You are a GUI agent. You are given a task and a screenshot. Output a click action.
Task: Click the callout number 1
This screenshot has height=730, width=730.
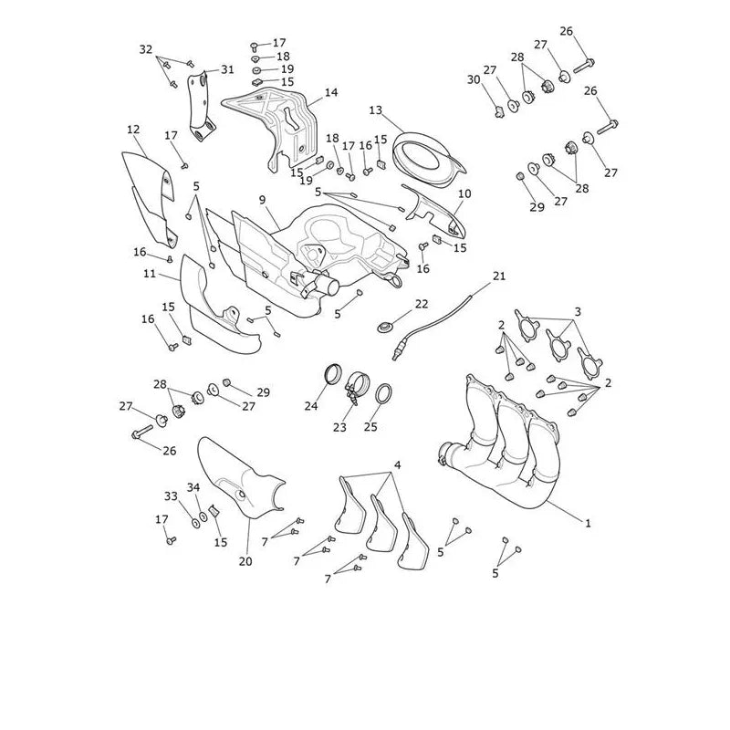click(588, 523)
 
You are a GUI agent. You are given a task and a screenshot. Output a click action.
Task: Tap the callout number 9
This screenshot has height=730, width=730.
click(263, 200)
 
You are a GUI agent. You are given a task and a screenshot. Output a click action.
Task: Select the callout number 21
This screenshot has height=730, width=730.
click(499, 276)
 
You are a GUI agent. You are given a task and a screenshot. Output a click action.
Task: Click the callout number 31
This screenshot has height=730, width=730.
click(227, 70)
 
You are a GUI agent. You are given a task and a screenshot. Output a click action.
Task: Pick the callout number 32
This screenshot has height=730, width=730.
click(146, 49)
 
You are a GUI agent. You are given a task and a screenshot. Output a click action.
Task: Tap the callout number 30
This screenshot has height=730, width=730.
click(474, 79)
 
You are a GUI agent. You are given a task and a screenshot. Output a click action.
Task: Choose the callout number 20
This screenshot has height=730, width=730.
click(245, 561)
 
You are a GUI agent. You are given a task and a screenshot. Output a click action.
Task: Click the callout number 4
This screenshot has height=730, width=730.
click(398, 464)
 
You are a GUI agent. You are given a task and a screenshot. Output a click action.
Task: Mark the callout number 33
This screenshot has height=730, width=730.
click(171, 496)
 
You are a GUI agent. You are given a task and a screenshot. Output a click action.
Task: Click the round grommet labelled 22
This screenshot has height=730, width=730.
click(384, 327)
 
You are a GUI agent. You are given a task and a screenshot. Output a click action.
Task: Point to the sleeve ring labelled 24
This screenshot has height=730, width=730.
click(333, 374)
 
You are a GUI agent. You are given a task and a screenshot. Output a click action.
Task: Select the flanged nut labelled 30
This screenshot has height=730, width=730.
click(499, 112)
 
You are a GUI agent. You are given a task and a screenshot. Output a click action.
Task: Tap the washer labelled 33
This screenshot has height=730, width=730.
click(196, 523)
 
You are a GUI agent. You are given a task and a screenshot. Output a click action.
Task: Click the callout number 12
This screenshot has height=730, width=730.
click(133, 130)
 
